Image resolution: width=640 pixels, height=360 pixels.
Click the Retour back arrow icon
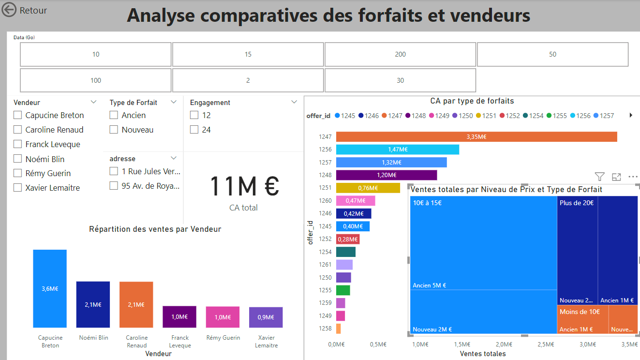(x=9, y=10)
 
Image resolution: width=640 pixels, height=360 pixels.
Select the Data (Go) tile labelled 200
(x=400, y=54)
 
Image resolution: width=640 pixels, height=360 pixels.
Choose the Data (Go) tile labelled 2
(x=248, y=80)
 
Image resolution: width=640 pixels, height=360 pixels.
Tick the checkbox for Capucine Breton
(x=18, y=115)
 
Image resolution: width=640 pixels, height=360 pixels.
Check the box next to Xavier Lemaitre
(x=18, y=188)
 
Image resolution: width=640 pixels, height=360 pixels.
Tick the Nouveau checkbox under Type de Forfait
(x=114, y=130)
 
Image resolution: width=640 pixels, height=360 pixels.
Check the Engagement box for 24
(x=194, y=130)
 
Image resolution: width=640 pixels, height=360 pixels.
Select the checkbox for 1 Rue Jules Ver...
(x=114, y=171)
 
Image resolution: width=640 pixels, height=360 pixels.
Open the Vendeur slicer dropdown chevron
(x=93, y=102)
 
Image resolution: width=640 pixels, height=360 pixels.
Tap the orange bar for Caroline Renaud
(x=136, y=304)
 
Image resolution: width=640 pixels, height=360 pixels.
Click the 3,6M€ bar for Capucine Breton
(x=50, y=288)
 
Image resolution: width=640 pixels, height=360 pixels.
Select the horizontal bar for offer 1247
(x=476, y=137)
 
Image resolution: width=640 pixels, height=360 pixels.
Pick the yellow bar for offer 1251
(x=368, y=188)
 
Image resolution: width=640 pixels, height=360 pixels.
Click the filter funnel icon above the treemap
(x=599, y=177)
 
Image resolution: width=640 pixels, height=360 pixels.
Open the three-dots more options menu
(x=633, y=177)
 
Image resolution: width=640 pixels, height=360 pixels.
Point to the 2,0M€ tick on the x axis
(x=504, y=344)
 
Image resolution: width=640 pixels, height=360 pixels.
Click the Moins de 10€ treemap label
(x=580, y=312)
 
